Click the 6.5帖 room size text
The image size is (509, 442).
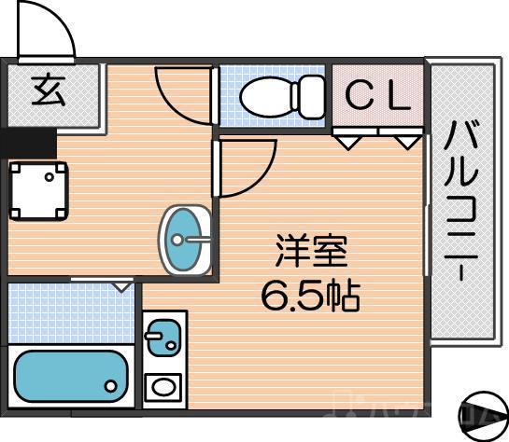click(x=310, y=296)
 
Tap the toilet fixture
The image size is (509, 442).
click(x=280, y=95)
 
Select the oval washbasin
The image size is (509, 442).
click(x=186, y=239)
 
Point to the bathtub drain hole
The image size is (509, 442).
click(x=111, y=384)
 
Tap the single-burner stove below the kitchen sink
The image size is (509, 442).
click(x=163, y=385)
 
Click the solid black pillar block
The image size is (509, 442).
click(x=28, y=145)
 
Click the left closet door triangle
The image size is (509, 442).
click(x=346, y=143)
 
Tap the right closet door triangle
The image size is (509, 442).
click(x=405, y=143)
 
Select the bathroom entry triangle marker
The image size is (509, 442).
click(x=122, y=287)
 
